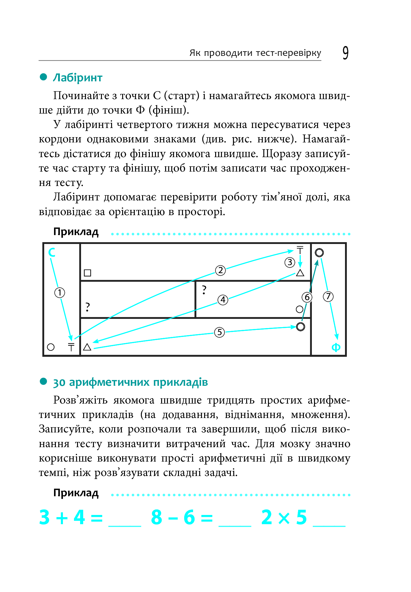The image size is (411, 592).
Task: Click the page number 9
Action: coord(345,53)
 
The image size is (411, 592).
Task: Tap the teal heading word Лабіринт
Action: coord(77,78)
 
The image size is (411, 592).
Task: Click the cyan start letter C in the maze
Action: coord(52,252)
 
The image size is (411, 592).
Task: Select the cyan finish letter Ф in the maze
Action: coord(336,347)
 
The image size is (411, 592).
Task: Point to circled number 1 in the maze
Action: coord(60,292)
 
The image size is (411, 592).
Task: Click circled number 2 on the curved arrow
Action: coord(220,270)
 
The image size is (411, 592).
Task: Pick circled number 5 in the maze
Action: coord(219,332)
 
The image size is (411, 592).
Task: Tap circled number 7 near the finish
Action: coord(328,296)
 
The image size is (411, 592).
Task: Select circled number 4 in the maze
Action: coord(223,300)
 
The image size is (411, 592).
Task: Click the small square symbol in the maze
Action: coord(87,273)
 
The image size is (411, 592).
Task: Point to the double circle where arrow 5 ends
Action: coord(300,327)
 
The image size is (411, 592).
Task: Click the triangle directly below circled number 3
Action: coord(300,273)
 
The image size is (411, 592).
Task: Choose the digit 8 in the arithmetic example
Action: coord(157,517)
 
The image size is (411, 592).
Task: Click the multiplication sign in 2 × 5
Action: coord(284,518)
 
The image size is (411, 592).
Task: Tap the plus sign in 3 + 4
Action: coord(62,518)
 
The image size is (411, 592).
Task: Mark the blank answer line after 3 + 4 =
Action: coord(125,525)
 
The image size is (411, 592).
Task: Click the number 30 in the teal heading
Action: coord(59,383)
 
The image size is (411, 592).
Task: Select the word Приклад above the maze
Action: coord(76,232)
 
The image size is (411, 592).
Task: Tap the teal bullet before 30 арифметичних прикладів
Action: coord(44,381)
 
